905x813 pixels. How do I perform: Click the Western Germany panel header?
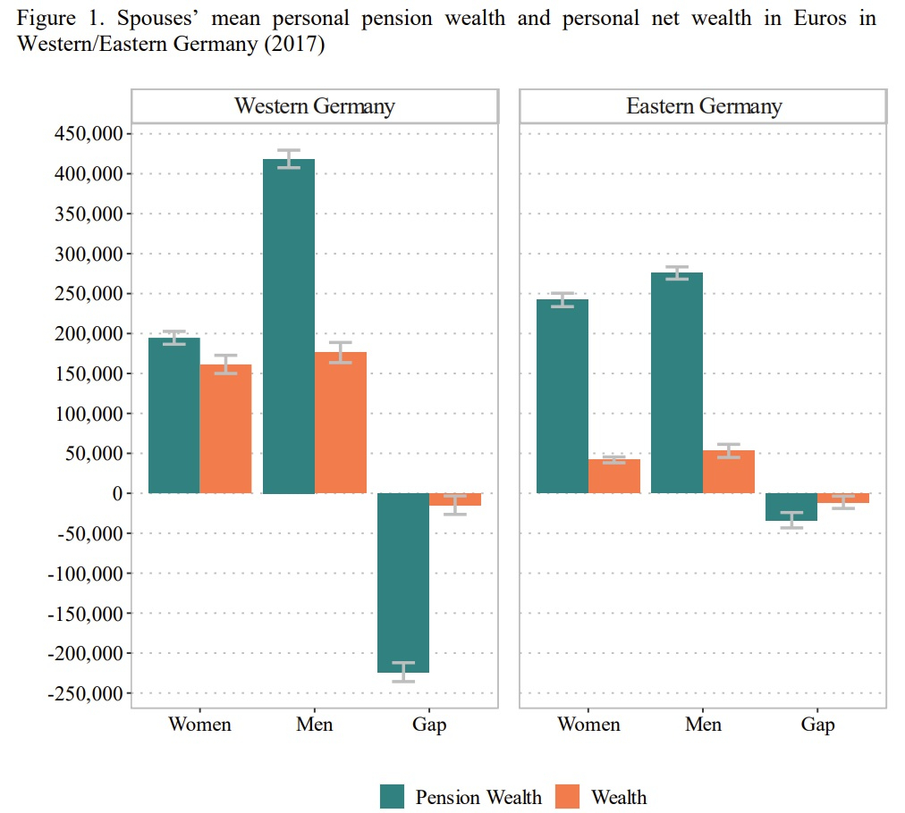[x=315, y=106]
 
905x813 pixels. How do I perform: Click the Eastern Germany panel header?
[x=703, y=106]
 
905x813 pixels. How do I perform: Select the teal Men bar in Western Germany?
[x=289, y=326]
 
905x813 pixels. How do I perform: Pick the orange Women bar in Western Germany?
[x=225, y=429]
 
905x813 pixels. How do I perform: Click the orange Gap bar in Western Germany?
[x=455, y=499]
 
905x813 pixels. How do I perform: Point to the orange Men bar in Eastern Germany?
[x=729, y=472]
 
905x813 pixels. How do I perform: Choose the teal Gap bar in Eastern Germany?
[x=791, y=507]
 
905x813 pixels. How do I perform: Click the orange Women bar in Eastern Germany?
[x=614, y=476]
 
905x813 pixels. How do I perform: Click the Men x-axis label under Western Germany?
[x=314, y=724]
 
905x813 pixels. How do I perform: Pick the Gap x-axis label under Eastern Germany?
[x=817, y=724]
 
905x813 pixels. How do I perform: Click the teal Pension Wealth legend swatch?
[x=393, y=796]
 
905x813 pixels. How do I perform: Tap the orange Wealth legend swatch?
[x=567, y=796]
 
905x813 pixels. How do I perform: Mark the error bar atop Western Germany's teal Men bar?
[x=289, y=159]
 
